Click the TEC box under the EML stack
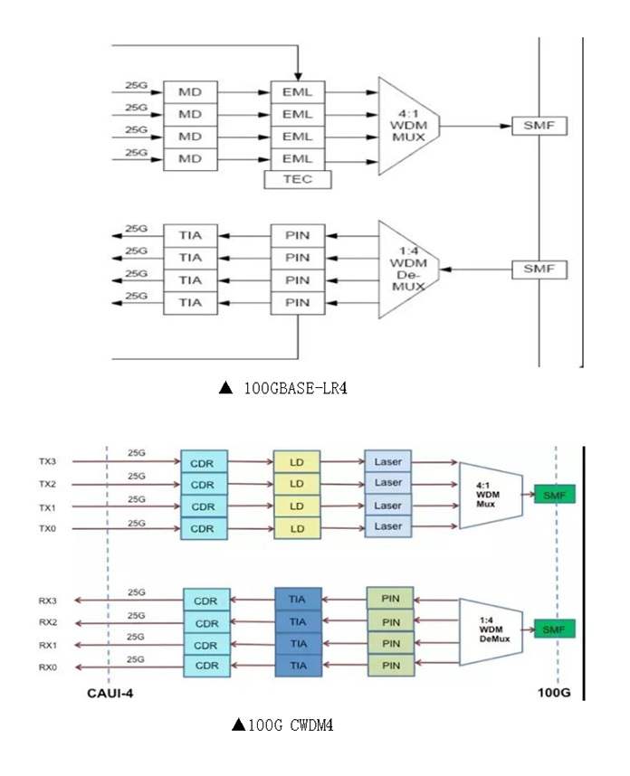coord(297,180)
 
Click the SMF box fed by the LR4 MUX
coord(539,125)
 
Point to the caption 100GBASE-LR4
coord(283,388)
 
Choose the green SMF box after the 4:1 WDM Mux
coord(553,494)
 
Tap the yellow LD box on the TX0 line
coord(296,528)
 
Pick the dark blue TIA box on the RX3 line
coord(297,599)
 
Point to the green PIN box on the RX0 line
coord(390,666)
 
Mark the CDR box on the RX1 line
coord(206,645)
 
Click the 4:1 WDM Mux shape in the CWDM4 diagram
coord(490,495)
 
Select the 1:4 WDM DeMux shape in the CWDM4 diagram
coord(490,631)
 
